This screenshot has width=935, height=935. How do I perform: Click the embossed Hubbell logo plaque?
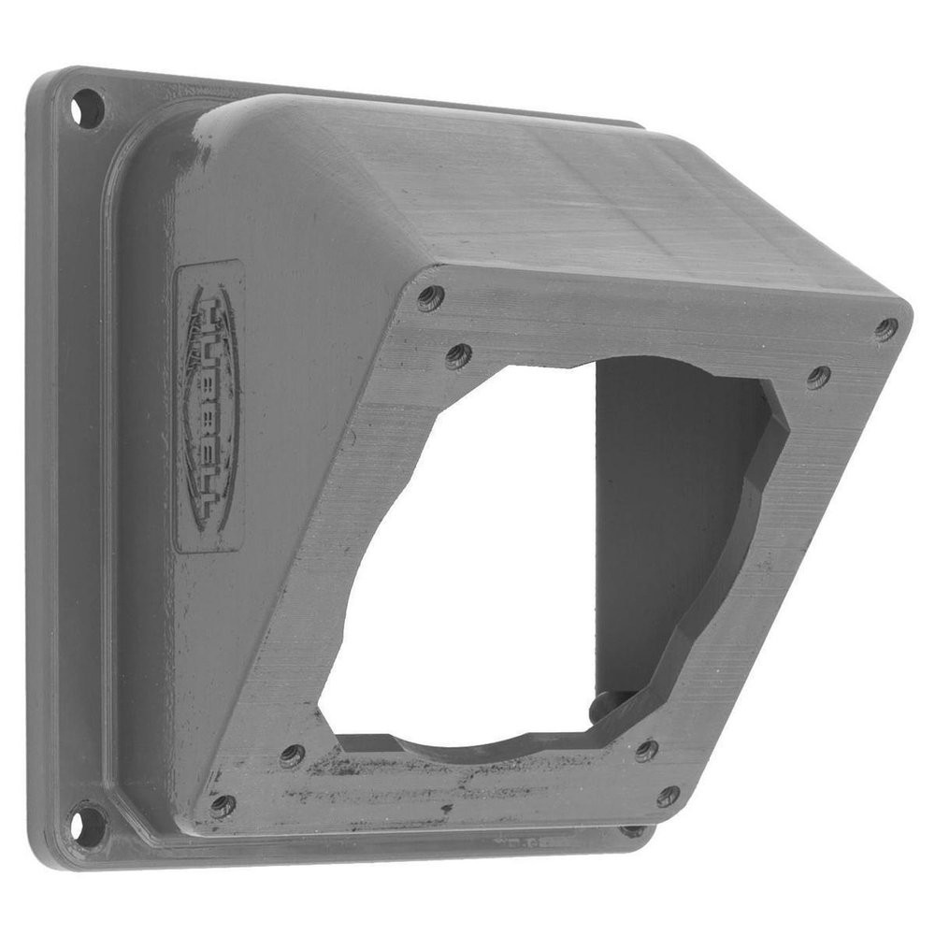209,408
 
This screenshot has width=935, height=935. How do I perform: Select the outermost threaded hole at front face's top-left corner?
429,298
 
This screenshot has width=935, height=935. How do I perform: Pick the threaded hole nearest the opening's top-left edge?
458,355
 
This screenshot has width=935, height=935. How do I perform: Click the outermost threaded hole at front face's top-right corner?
885,329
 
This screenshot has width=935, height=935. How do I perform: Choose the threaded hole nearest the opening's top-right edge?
818,377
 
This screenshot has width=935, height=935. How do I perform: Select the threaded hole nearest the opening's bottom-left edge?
292,755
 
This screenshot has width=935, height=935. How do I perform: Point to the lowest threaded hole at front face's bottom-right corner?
668,797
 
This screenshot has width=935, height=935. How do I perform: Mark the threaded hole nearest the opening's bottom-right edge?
646,750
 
